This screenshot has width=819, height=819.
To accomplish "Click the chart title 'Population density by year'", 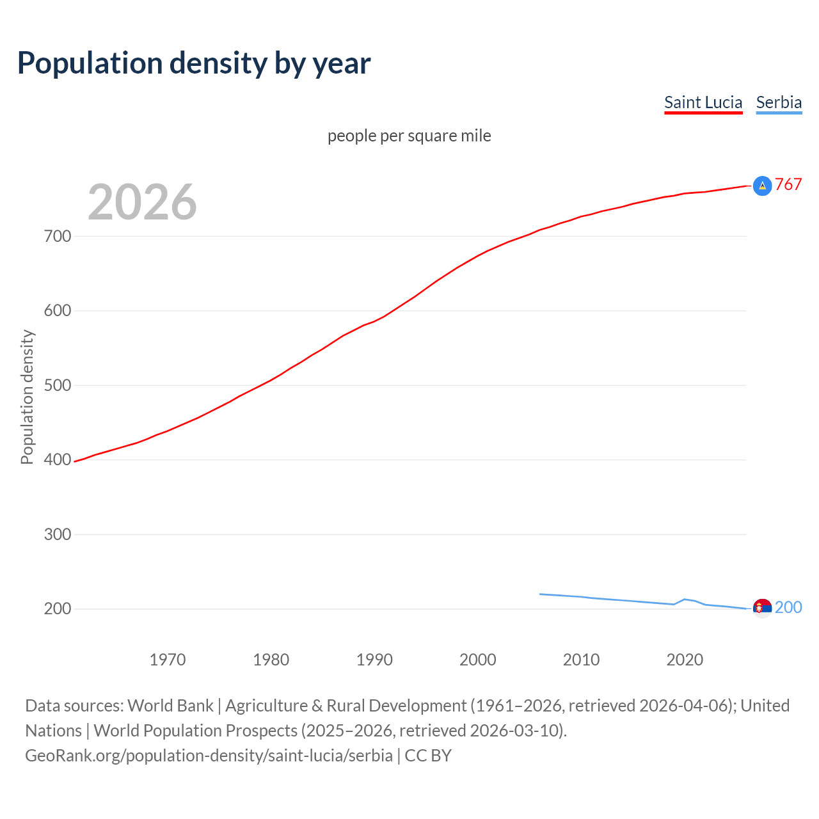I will (194, 63).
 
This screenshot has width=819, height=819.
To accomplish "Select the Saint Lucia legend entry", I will (703, 102).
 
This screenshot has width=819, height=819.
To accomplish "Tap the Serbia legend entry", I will (778, 102).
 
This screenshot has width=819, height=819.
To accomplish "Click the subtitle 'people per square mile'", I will (409, 136).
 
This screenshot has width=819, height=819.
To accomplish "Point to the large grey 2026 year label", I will (142, 202).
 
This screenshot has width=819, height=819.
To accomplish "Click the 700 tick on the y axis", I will (58, 236).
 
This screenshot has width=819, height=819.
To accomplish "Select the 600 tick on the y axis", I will (58, 311).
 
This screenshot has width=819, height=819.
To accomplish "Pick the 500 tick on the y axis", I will (58, 385).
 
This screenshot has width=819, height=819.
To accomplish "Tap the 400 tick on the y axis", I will (58, 459).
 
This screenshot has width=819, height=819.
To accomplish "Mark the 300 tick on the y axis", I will (58, 534).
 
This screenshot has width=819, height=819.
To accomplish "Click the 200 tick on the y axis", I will (58, 608).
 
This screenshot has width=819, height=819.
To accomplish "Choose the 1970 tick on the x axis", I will (168, 660).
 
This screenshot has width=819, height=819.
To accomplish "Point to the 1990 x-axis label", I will (374, 660).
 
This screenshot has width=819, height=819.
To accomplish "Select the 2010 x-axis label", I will (581, 660).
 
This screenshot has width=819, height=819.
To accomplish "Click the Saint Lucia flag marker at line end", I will (762, 186).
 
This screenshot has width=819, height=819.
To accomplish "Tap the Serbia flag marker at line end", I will (762, 607).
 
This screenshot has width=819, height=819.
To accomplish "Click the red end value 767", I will (788, 184).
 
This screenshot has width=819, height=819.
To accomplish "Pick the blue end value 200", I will (788, 607).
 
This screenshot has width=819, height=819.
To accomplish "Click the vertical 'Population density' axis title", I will (27, 397).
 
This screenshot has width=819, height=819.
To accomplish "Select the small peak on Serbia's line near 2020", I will (685, 600).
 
